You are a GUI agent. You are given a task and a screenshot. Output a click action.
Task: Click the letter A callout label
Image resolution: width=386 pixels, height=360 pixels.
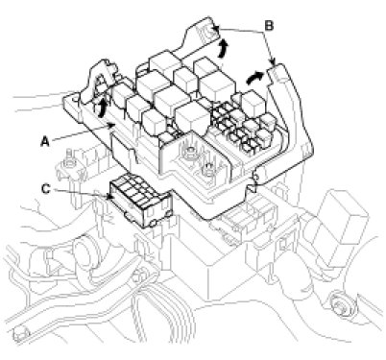pyautogui.click(x=45, y=141)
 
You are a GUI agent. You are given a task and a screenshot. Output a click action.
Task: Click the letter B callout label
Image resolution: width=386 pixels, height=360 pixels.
pyautogui.click(x=269, y=26)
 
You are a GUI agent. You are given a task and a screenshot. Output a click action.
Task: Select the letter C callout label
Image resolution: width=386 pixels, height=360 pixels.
pyautogui.click(x=46, y=189)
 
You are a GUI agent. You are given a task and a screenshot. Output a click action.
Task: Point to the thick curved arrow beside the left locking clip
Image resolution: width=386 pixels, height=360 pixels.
pyautogui.click(x=101, y=108)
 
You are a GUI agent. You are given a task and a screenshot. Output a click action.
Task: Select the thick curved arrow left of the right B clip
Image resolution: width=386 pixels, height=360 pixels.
pyautogui.click(x=254, y=78)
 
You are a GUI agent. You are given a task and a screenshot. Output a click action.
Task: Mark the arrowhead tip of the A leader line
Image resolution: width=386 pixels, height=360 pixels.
pyautogui.click(x=115, y=124)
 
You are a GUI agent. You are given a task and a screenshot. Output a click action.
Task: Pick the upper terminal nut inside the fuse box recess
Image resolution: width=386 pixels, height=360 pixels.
pyautogui.click(x=191, y=151)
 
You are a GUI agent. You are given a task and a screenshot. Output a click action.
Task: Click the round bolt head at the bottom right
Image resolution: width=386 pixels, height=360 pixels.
pyautogui.click(x=340, y=301)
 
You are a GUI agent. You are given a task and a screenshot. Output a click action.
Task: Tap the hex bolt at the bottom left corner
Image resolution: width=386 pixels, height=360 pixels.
pyautogui.click(x=20, y=335)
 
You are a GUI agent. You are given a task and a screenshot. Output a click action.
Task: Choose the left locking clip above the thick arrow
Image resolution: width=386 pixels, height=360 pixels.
pyautogui.click(x=100, y=81)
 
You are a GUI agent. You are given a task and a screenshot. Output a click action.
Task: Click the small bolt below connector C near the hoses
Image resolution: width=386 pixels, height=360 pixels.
pyautogui.click(x=137, y=275)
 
